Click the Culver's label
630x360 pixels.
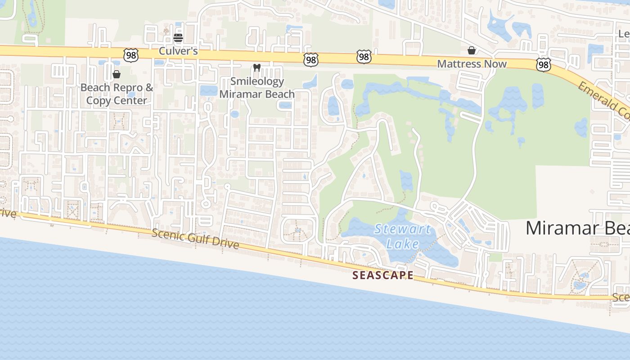coord(178,51)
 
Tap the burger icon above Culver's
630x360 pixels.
coord(178,37)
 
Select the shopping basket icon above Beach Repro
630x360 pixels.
coord(117,74)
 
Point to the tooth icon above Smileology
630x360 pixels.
coord(257,68)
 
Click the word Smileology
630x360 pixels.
coord(257,81)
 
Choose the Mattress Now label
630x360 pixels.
coord(472,64)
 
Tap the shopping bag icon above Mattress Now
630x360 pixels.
coord(472,50)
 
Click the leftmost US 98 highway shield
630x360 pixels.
coord(130,55)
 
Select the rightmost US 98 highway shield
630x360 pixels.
coord(543,65)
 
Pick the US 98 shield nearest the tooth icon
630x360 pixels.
coord(310,59)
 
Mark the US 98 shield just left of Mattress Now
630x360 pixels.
coord(364,57)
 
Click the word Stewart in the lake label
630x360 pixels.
coord(402,229)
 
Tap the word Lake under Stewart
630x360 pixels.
coord(403,244)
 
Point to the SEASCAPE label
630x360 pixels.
coord(382,275)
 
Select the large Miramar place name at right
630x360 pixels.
coord(577,228)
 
